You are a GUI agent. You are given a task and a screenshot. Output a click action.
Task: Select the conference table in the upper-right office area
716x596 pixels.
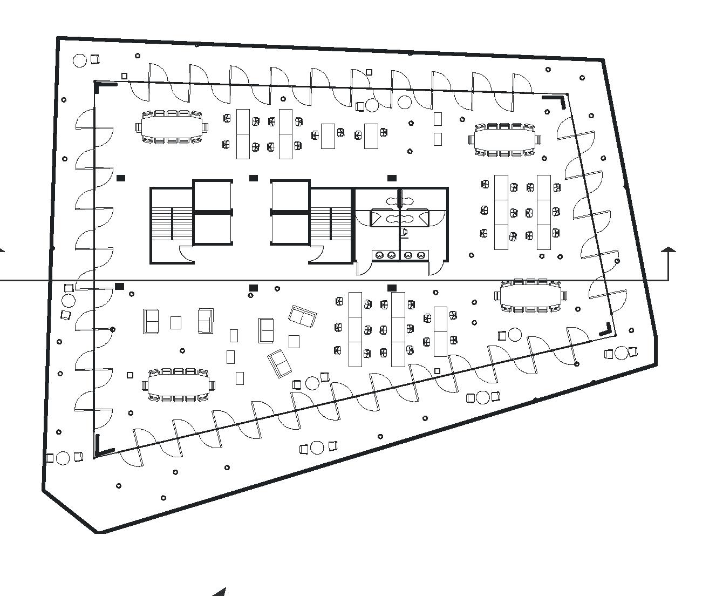coord(504,139)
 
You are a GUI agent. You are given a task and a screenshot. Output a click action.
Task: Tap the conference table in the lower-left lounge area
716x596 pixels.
coord(178,385)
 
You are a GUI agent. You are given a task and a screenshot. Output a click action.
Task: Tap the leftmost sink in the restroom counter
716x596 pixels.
coord(380,255)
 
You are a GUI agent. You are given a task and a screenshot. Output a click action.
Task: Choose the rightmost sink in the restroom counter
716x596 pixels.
coord(421,255)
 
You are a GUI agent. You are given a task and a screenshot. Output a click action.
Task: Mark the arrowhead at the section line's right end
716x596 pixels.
coord(669,249)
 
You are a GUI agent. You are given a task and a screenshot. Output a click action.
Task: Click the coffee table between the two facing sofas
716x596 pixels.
coord(176,322)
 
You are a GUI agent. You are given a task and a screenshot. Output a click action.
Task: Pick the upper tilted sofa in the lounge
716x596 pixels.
coord(303,316)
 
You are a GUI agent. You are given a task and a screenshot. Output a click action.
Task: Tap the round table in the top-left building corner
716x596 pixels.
coord(80,60)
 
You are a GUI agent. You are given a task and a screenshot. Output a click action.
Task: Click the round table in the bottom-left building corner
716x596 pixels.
coord(63,458)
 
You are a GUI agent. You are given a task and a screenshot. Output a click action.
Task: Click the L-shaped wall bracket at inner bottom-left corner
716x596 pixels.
coord(102,447)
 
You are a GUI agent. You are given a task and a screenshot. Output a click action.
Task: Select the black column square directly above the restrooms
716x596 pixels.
coord(392,178)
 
